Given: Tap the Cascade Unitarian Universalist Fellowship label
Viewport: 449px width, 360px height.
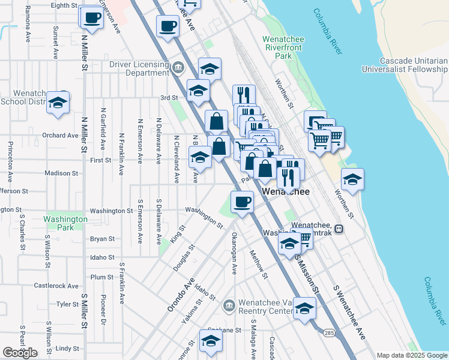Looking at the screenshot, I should tap(405, 65).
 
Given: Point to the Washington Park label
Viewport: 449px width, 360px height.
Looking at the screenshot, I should tap(66, 223).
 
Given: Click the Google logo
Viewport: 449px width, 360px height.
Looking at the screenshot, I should tap(20, 353).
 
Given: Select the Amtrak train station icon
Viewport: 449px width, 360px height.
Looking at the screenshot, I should tap(339, 229).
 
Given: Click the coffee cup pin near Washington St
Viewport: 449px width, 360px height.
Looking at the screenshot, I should tap(243, 202).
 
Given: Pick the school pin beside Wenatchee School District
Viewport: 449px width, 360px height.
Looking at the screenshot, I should tap(58, 103).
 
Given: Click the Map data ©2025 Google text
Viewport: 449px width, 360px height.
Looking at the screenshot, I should tap(412, 355).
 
